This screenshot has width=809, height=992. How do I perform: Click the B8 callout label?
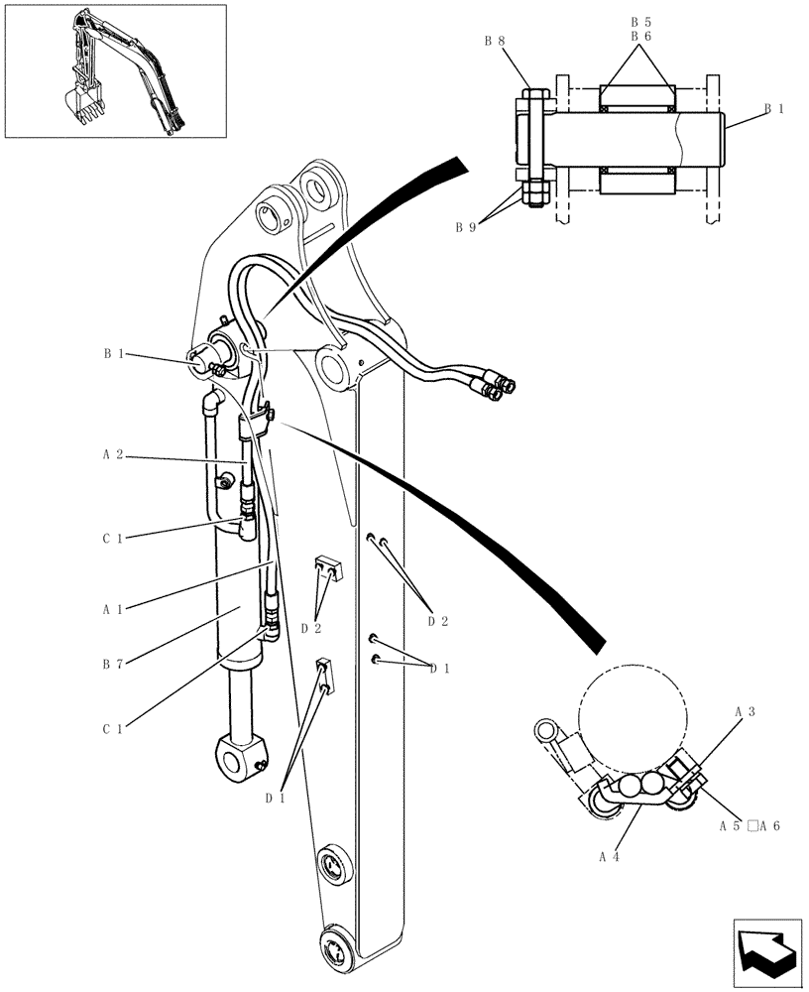coord(494,41)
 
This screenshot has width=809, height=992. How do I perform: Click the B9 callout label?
coord(465,227)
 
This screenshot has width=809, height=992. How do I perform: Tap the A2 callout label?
coord(111,454)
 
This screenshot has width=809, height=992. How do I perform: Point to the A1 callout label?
coord(111,609)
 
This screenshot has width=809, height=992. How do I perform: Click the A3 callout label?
coord(745,712)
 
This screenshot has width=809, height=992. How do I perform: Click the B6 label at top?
coord(641,36)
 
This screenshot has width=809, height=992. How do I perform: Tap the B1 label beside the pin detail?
coord(773,109)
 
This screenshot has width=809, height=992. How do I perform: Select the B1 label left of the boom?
coord(112,352)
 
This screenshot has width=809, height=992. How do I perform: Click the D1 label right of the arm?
coord(439,669)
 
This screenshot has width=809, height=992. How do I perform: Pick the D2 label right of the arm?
coord(437,621)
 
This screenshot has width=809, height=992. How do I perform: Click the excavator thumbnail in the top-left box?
coord(114,69)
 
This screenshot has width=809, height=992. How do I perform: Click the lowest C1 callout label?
coord(111,729)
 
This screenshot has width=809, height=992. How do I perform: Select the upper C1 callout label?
coord(111,539)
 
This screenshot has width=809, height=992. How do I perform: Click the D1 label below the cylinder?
coord(275,797)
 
